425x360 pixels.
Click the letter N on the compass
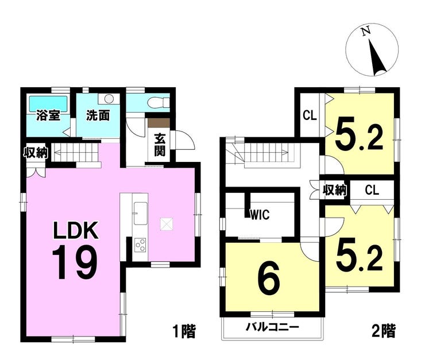(366, 31)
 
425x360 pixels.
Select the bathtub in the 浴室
(48, 103)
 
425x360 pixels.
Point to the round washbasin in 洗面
(109, 99)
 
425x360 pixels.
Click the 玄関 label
(160, 145)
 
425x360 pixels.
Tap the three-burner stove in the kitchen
(140, 245)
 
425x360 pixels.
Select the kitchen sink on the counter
(140, 214)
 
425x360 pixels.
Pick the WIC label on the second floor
(260, 215)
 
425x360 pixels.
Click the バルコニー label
(272, 327)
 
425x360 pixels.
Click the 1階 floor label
(184, 331)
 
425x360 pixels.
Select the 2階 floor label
(384, 331)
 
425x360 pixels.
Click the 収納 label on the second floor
(335, 190)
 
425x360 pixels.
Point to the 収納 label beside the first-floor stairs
(36, 153)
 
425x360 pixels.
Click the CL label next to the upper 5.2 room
(310, 116)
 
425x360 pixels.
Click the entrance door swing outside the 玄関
(184, 140)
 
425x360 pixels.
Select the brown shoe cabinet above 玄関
(159, 122)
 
